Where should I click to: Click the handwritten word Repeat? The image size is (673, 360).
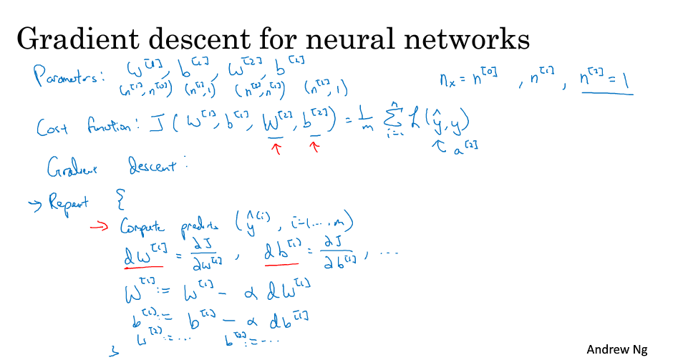coord(69,203)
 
